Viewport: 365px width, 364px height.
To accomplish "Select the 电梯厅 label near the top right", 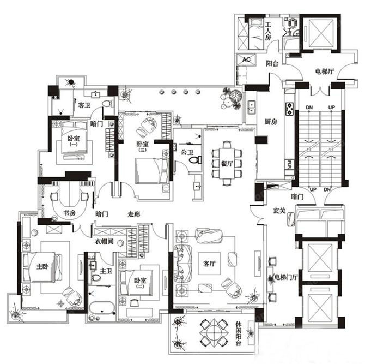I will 325,71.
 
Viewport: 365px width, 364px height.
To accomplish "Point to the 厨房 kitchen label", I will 271,122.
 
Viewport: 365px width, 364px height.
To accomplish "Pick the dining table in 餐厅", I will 227,161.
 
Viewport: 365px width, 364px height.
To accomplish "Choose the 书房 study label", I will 69,213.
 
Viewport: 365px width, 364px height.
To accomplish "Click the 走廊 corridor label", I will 134,214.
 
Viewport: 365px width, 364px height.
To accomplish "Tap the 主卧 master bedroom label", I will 43,267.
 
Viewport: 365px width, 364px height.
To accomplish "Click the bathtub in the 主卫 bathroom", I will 101,309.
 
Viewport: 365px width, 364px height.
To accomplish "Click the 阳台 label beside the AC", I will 272,64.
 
